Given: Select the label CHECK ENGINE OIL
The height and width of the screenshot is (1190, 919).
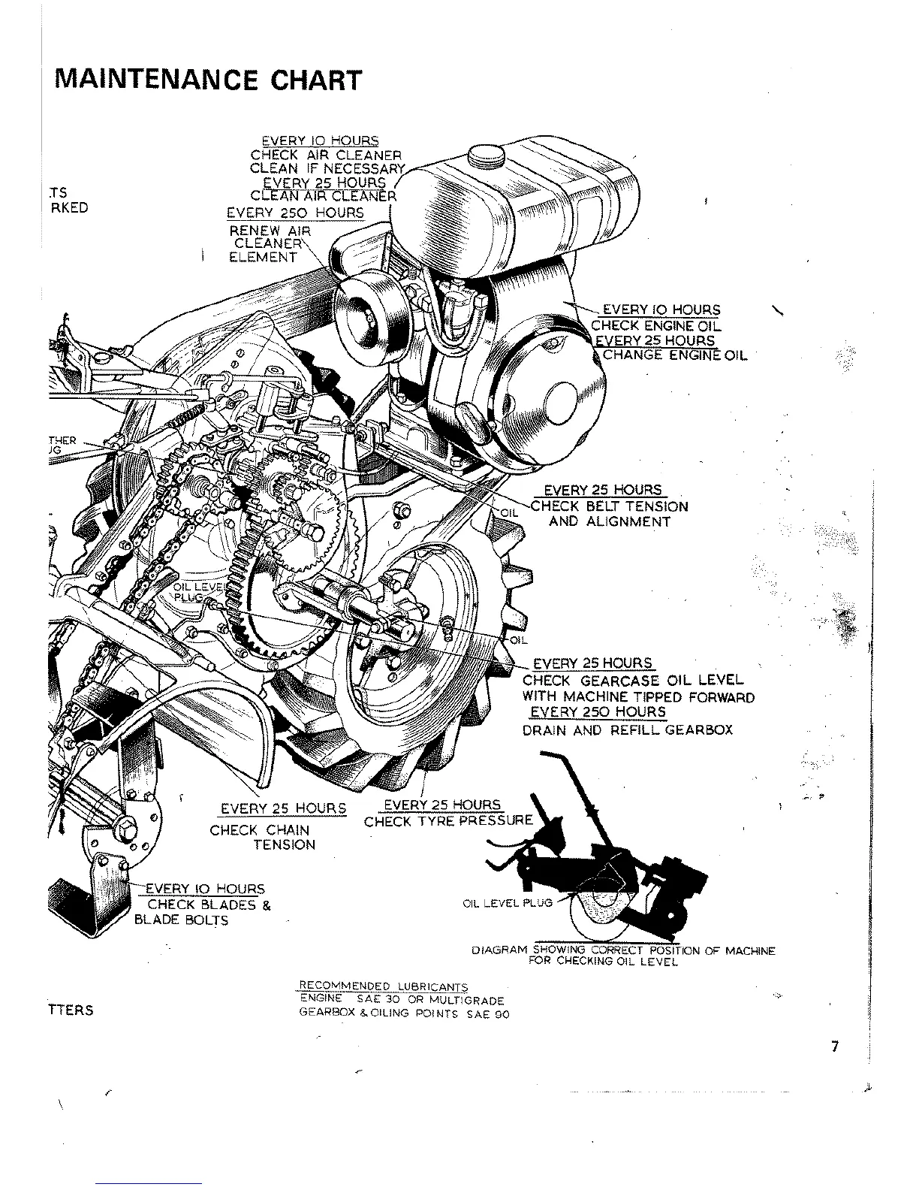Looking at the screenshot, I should [655, 325].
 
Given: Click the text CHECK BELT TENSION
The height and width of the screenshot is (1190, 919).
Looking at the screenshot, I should [609, 506].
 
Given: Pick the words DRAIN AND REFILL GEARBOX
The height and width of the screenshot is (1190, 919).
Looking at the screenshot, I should [627, 729].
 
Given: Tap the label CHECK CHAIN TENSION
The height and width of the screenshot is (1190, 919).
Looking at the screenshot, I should [261, 838].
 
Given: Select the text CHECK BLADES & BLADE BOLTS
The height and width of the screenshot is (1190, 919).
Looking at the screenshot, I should [201, 912].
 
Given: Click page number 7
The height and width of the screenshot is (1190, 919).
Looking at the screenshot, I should [835, 1047].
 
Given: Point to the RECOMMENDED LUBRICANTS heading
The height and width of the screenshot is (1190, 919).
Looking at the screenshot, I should [383, 986].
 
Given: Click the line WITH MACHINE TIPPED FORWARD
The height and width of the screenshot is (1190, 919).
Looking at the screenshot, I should [637, 696].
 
